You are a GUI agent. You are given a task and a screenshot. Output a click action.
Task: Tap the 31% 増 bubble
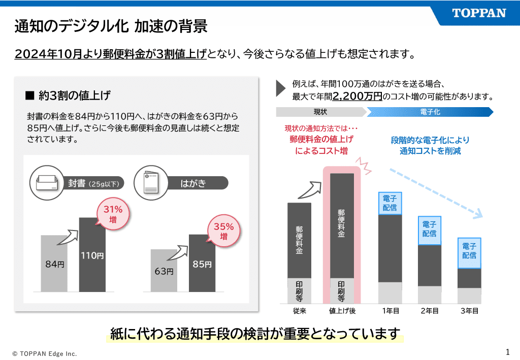point(113,214)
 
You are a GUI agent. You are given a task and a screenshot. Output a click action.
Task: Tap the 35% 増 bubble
point(223,232)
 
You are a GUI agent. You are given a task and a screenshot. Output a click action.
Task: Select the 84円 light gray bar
point(54,264)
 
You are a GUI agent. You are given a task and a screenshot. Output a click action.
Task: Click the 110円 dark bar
point(92,255)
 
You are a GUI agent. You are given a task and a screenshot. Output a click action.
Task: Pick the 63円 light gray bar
point(164,271)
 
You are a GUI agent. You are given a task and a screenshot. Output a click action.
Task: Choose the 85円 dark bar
point(202,264)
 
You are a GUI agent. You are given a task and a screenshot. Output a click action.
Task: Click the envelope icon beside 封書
point(48,183)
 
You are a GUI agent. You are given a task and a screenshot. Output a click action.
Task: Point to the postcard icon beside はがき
point(151,183)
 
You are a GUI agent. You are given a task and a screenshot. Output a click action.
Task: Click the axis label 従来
point(299,311)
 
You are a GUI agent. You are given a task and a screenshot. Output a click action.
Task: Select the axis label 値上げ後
point(342,311)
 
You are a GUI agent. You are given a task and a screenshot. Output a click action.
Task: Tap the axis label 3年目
point(469,311)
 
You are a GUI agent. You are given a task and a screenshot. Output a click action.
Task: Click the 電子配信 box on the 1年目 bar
point(390,203)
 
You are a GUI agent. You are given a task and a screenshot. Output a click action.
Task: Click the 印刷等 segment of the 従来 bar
point(299,291)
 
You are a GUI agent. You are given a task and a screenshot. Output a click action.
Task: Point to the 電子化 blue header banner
point(430,112)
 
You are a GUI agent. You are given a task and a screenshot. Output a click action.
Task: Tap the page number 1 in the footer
point(507,351)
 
